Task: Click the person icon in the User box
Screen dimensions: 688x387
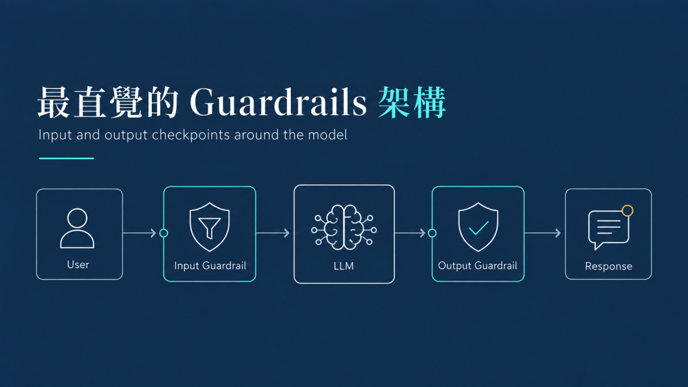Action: [x=77, y=228]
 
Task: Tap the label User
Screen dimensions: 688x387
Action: [x=78, y=265]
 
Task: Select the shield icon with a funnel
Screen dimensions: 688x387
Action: [x=210, y=227]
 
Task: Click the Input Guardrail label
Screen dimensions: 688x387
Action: [x=210, y=265]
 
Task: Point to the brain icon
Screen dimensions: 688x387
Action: [x=344, y=227]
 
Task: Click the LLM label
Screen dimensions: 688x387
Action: [x=343, y=266]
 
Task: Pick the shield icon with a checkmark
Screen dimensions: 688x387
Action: [x=478, y=227]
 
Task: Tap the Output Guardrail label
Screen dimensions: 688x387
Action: [x=478, y=265]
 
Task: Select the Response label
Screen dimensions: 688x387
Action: [x=609, y=266]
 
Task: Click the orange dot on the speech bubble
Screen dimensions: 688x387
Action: [x=628, y=210]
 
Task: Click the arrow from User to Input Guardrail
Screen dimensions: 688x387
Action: [x=140, y=233]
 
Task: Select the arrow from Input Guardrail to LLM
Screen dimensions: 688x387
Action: [x=273, y=233]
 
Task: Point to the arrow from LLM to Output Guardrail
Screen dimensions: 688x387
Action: [x=411, y=233]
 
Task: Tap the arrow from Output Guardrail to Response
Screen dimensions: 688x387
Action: [x=543, y=233]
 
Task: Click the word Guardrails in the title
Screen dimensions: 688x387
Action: [x=278, y=102]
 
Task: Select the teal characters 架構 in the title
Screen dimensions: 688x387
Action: [x=412, y=102]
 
